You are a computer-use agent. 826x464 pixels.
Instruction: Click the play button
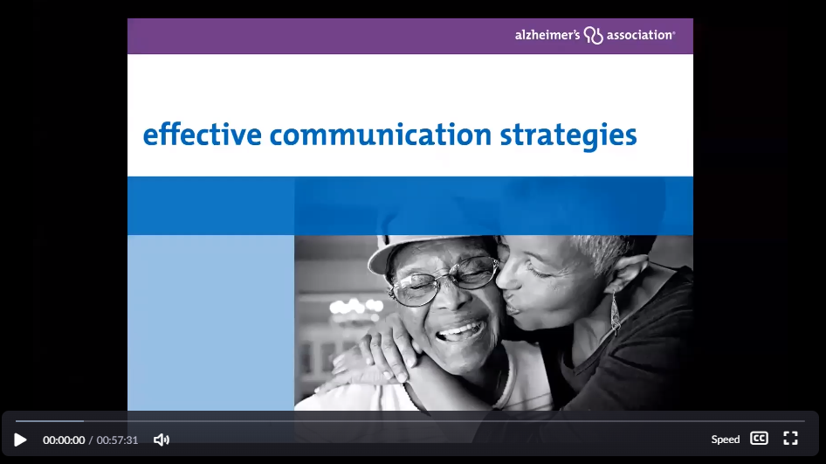pyautogui.click(x=20, y=440)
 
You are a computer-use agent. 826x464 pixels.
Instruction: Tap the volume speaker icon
pyautogui.click(x=162, y=440)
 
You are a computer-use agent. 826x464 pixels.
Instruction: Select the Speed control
pyautogui.click(x=726, y=440)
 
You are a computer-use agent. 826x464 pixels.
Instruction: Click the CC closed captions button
pyautogui.click(x=759, y=439)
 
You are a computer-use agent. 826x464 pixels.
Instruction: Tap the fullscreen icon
pyautogui.click(x=791, y=439)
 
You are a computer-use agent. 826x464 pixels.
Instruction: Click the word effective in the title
pyautogui.click(x=203, y=135)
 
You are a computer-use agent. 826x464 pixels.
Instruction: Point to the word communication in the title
pyautogui.click(x=381, y=135)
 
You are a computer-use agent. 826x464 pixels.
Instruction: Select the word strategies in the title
pyautogui.click(x=568, y=135)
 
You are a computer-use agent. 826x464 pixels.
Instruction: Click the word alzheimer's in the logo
pyautogui.click(x=547, y=35)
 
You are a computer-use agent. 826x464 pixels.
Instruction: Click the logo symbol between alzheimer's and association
pyautogui.click(x=593, y=35)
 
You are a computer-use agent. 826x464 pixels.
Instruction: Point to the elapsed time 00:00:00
pyautogui.click(x=64, y=440)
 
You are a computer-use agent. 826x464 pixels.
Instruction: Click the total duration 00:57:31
pyautogui.click(x=117, y=440)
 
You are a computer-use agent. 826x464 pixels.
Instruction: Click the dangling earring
pyautogui.click(x=615, y=313)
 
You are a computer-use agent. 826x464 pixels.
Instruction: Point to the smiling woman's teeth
pyautogui.click(x=461, y=331)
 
